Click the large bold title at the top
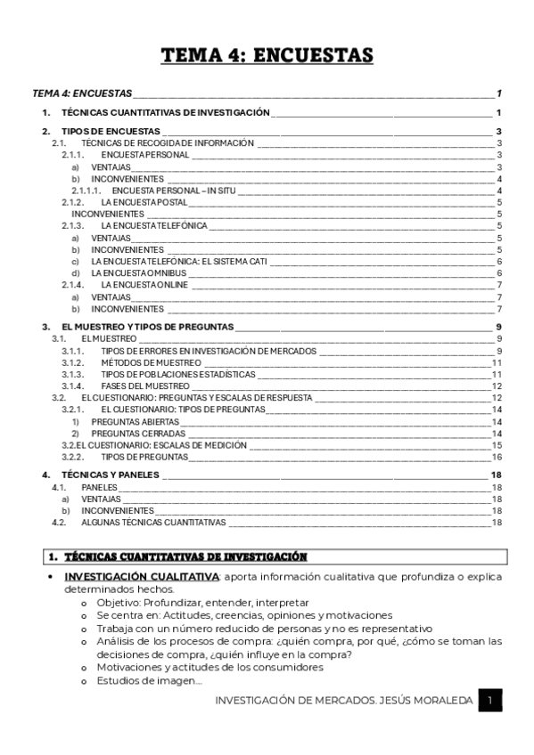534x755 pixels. pos(267,56)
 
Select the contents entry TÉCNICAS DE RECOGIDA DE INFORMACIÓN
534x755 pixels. pos(167,142)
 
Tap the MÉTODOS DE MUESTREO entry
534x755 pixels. pos(151,362)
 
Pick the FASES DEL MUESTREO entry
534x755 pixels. pos(145,386)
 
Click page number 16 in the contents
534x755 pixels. pos(497,457)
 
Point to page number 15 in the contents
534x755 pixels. pos(497,445)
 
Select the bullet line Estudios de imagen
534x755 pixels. pos(150,682)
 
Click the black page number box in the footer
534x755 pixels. pos(489,702)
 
